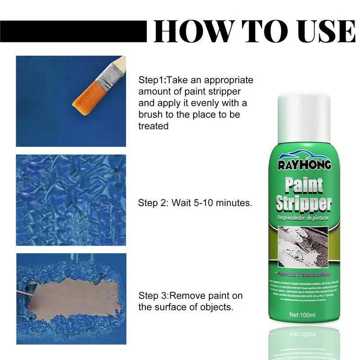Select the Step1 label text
(152, 81)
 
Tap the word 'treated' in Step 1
(153, 126)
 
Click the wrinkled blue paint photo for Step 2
(71, 200)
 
